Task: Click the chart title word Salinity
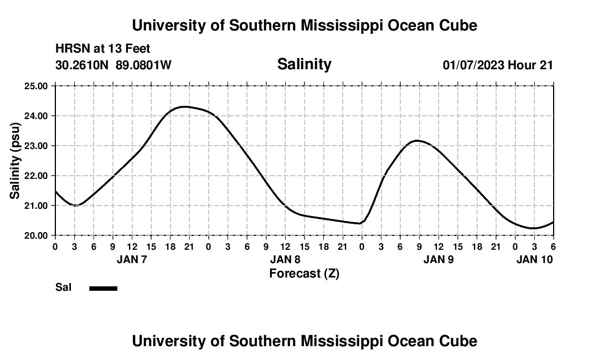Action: (x=304, y=64)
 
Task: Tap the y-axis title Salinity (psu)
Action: (x=15, y=161)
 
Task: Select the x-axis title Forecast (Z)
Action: (x=304, y=273)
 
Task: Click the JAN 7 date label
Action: (x=132, y=259)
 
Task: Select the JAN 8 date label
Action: (x=285, y=259)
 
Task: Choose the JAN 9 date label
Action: (x=438, y=259)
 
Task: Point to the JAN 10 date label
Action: (x=534, y=259)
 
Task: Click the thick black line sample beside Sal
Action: (x=103, y=288)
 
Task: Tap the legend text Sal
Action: (x=62, y=287)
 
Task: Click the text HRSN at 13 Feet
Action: (x=102, y=49)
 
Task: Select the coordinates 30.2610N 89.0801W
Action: (x=113, y=65)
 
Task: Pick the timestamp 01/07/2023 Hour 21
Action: (x=498, y=65)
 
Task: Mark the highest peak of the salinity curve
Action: (x=184, y=106)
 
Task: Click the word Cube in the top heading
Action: (x=457, y=25)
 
